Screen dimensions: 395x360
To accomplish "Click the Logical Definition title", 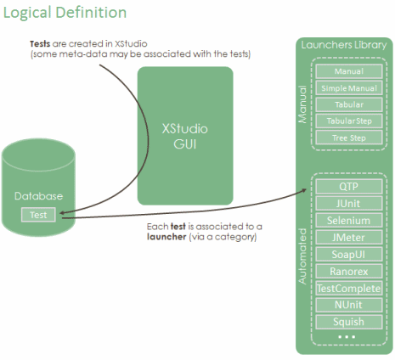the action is (x=65, y=13).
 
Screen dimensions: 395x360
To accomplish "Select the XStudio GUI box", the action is (x=185, y=136).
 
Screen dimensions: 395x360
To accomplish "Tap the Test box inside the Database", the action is (x=38, y=215).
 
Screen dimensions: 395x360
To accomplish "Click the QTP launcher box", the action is (x=349, y=187).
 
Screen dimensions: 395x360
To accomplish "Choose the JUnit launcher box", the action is (x=349, y=204).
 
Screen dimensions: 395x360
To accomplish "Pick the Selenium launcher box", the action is (x=349, y=221).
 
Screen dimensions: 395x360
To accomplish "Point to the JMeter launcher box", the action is (x=349, y=238).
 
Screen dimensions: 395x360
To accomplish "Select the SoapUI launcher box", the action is (x=349, y=255).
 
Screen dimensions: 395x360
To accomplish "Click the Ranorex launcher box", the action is (x=349, y=272).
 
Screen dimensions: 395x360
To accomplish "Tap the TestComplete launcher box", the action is (x=349, y=289).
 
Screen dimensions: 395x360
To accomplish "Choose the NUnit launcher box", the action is (x=349, y=305).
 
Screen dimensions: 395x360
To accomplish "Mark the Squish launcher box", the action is (x=349, y=322).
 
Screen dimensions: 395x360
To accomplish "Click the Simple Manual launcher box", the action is (x=349, y=88).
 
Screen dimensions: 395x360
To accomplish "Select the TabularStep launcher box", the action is (x=349, y=121).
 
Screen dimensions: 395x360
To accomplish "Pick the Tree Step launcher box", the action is (x=349, y=138).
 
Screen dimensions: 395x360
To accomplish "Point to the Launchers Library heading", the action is (x=344, y=45).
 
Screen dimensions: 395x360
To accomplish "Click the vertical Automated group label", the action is (x=302, y=256).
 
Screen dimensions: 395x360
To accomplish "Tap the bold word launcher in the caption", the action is (x=166, y=237).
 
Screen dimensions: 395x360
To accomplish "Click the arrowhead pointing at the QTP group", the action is (x=304, y=190).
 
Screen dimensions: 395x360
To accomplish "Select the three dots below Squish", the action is (x=347, y=337).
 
